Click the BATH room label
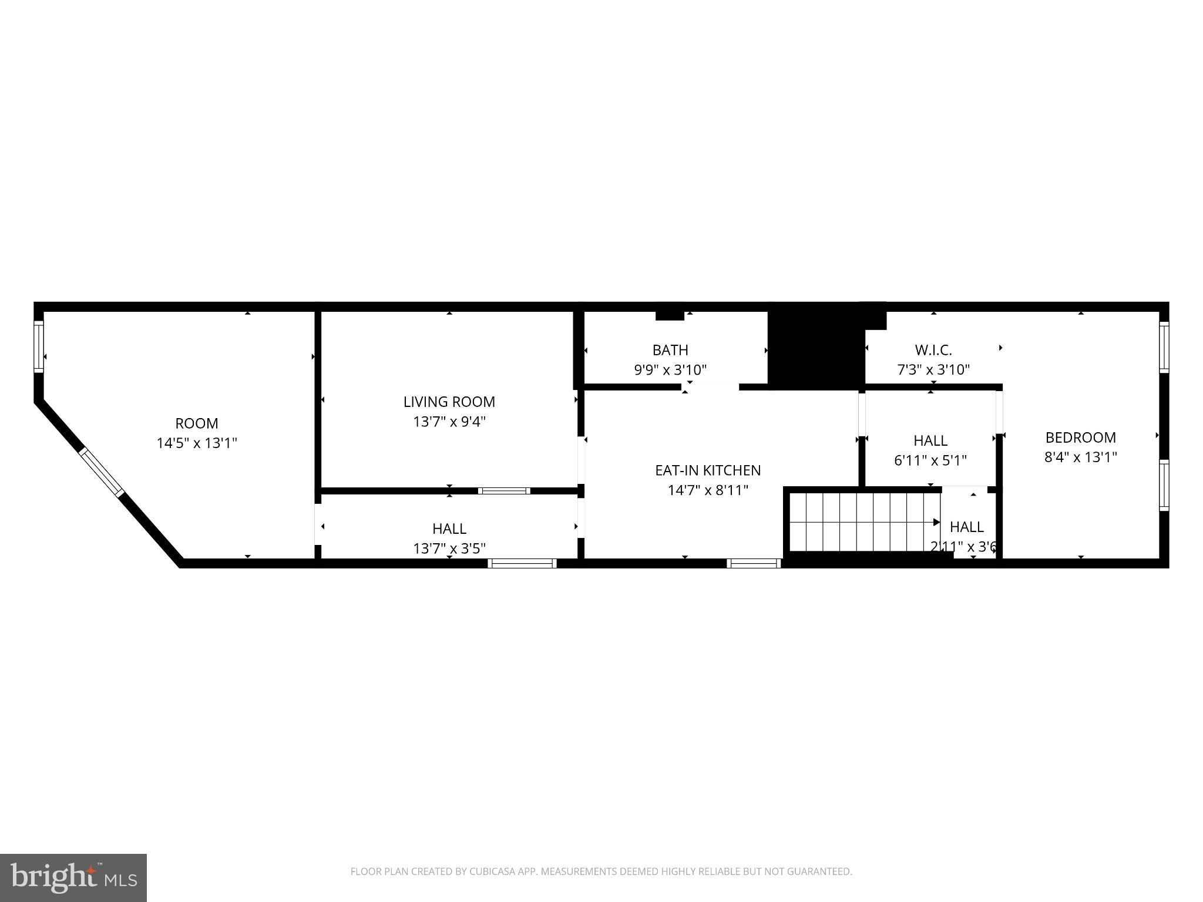[670, 350]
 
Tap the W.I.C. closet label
[933, 350]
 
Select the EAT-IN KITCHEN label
[707, 470]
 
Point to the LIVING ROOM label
[449, 402]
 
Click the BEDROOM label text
[1080, 437]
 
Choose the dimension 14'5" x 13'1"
[196, 443]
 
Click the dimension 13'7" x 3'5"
[449, 548]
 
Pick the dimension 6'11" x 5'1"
[930, 460]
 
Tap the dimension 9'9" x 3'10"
[670, 370]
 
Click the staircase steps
[858, 521]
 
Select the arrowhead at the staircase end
[937, 522]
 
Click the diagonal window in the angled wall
[102, 472]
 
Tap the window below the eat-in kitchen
[753, 564]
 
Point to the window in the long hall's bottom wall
[522, 564]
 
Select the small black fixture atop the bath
[670, 315]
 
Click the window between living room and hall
[504, 491]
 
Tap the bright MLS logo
[73, 877]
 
